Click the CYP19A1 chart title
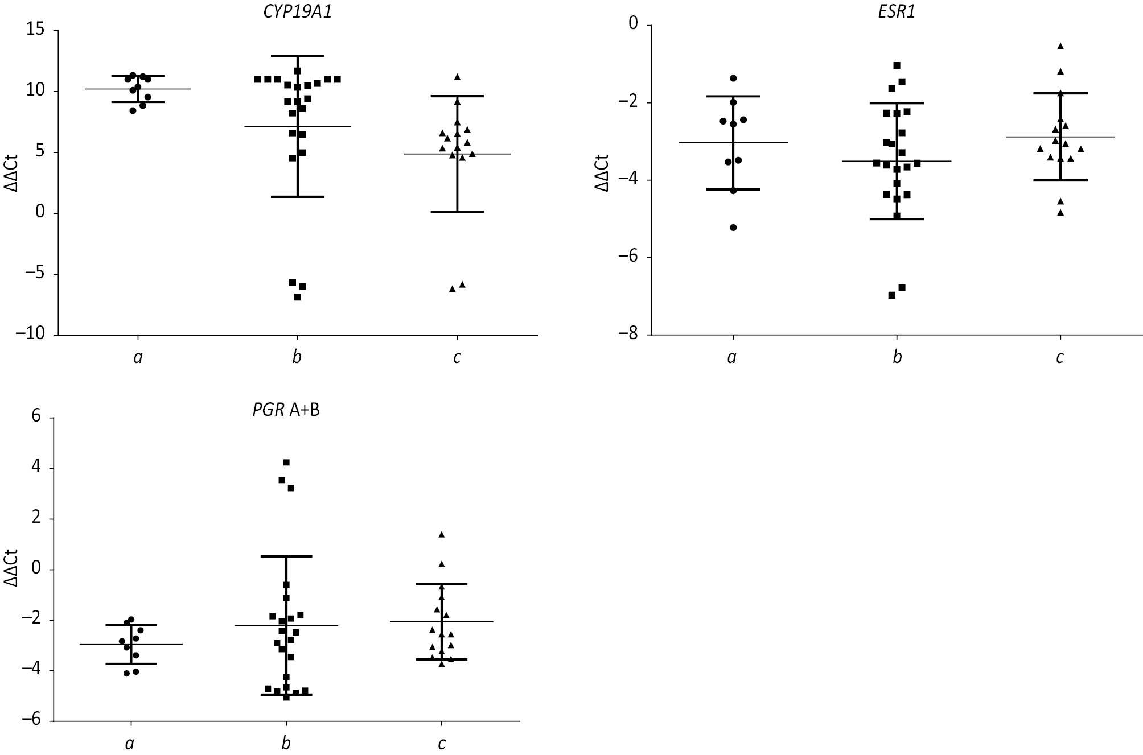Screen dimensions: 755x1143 click(x=298, y=11)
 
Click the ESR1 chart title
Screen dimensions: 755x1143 click(x=897, y=11)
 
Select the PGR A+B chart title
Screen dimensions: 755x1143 click(x=286, y=410)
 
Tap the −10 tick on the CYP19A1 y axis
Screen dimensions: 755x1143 click(x=31, y=335)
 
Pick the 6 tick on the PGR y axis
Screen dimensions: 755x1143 click(x=36, y=418)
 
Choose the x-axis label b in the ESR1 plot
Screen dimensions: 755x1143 click(x=897, y=357)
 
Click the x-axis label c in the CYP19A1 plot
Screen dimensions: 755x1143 click(x=457, y=357)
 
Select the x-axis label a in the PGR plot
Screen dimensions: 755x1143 click(x=130, y=744)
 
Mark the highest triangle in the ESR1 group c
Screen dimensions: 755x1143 click(x=1060, y=46)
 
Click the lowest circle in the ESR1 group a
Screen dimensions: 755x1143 click(x=733, y=228)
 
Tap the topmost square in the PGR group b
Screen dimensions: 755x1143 click(x=286, y=463)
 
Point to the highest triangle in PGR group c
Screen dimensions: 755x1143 click(x=442, y=534)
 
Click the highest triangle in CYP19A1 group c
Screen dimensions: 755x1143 click(x=457, y=77)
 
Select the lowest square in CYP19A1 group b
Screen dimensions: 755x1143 click(x=297, y=297)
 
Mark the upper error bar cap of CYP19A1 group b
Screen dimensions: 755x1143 click(x=297, y=56)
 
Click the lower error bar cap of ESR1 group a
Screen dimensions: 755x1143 click(x=733, y=189)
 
